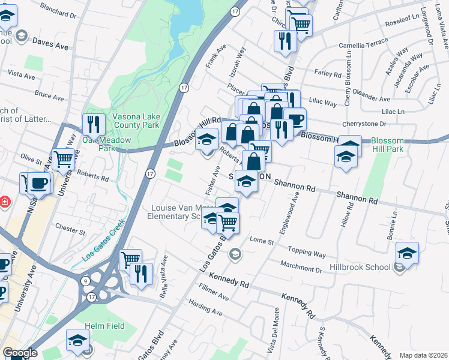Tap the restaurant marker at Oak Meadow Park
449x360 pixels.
[93, 124]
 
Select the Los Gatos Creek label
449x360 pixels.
[103, 243]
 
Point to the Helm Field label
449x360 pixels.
[104, 326]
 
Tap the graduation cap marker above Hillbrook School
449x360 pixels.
[407, 253]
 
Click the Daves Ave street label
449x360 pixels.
[51, 44]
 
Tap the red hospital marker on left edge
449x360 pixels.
[4, 202]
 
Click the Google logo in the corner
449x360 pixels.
[20, 353]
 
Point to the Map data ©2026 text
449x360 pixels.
[423, 355]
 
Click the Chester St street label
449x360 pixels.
[67, 229]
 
